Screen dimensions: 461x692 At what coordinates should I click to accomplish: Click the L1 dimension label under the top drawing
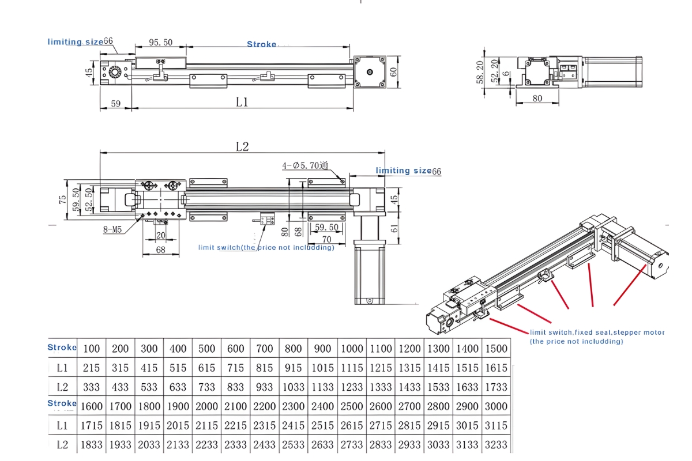point(242,102)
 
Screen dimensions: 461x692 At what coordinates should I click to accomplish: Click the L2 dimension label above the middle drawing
point(242,146)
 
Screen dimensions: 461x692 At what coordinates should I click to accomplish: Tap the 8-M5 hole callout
point(112,229)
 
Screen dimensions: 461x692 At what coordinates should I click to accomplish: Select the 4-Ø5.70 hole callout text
point(305,166)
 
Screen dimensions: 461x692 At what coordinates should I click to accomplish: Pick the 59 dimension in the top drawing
point(115,104)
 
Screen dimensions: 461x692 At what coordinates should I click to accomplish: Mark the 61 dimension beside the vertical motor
point(394,228)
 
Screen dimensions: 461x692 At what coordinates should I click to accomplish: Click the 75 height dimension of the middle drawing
point(62,199)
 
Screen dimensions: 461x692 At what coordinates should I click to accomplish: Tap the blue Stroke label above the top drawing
point(261,44)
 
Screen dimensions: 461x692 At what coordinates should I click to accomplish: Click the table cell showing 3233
point(496,445)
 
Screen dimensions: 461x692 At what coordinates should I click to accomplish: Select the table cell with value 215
point(91,368)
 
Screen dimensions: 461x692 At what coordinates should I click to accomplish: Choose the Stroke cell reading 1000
point(351,349)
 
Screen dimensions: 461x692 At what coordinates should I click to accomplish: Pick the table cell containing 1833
point(91,445)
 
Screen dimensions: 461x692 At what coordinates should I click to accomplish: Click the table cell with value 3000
point(496,406)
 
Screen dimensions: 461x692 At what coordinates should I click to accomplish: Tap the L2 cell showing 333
point(91,387)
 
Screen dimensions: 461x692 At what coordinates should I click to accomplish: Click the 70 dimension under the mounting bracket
point(326,239)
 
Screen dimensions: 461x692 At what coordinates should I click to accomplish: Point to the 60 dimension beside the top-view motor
point(394,71)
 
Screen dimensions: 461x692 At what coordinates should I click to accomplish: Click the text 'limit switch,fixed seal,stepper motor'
point(597,332)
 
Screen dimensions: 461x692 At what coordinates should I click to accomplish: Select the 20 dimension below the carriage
point(160,235)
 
